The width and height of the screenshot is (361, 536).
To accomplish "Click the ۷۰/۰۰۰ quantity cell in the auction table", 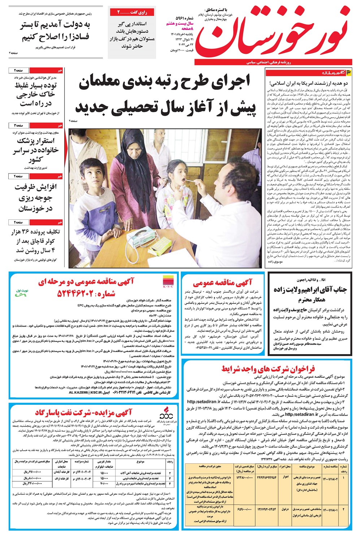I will tap(104, 483).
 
